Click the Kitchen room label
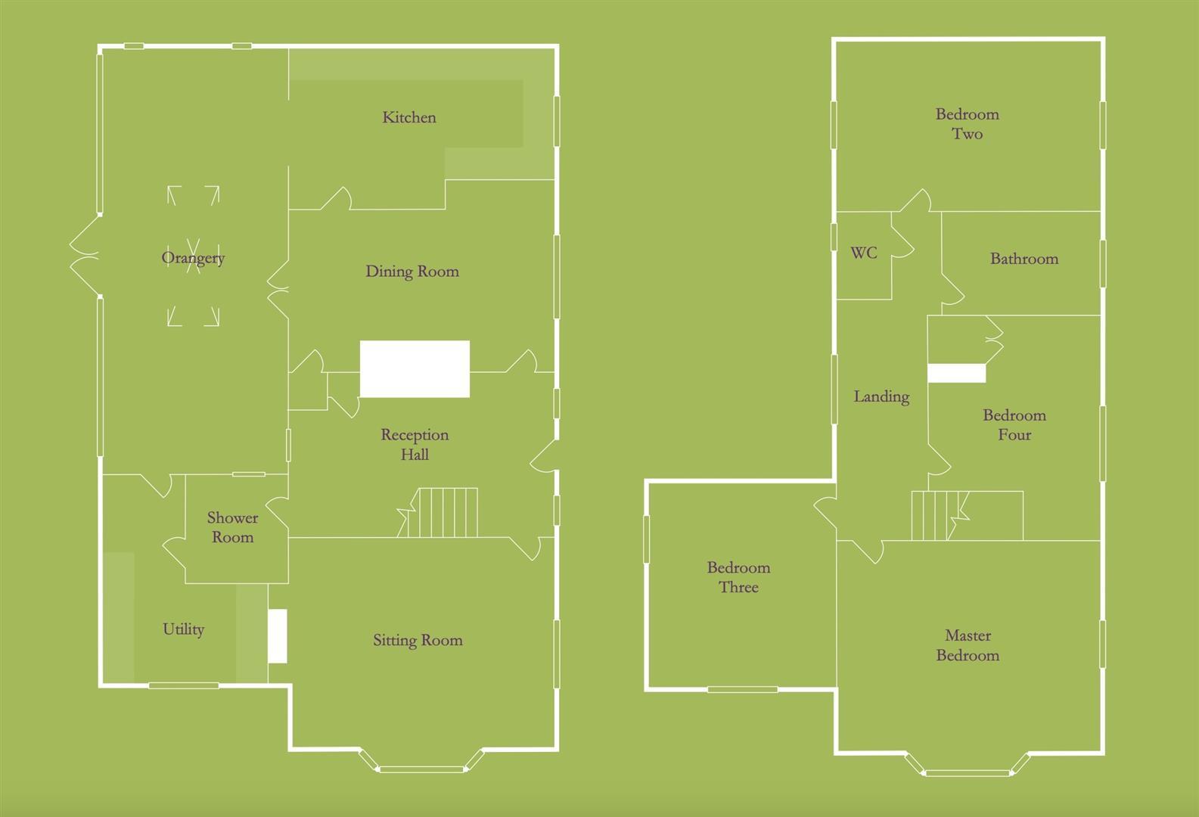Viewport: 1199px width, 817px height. [x=409, y=117]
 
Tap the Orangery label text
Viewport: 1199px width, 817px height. [x=193, y=258]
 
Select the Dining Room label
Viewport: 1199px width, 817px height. [x=412, y=272]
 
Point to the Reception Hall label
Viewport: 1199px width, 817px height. [x=415, y=445]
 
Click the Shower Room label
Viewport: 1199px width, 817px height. [x=232, y=527]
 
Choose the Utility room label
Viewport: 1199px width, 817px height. [x=183, y=629]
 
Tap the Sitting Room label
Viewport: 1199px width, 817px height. [x=418, y=641]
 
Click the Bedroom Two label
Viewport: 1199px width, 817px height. [x=967, y=124]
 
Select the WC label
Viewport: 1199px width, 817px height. [x=864, y=253]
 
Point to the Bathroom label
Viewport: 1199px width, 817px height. [x=1024, y=259]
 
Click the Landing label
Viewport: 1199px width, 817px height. [x=881, y=396]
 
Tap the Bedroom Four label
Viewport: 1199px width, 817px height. [x=1014, y=425]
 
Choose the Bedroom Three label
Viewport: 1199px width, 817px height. [x=738, y=577]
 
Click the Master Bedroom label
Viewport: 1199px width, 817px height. [x=968, y=645]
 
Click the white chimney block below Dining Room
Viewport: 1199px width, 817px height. [x=415, y=369]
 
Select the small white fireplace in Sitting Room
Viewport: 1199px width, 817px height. [x=278, y=636]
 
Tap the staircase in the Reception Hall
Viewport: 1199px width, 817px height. [x=443, y=513]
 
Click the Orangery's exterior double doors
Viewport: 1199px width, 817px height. [x=85, y=256]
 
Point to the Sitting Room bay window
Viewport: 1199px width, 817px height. [x=421, y=769]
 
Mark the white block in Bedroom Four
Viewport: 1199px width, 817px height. [x=957, y=373]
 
